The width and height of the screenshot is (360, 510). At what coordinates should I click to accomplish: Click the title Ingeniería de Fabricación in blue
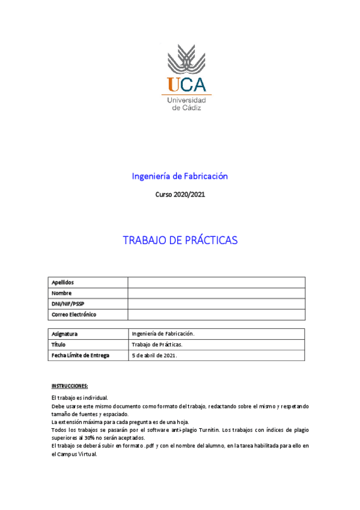[x=180, y=176]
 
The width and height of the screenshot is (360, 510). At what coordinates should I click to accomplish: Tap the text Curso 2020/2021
[x=180, y=195]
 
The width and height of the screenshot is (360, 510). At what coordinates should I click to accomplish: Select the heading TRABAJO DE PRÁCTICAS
[x=180, y=241]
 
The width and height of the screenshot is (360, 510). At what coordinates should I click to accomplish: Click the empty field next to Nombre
[x=216, y=293]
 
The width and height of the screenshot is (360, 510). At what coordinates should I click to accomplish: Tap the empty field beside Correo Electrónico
[x=216, y=315]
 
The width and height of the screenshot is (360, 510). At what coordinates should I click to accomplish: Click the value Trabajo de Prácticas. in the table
[x=157, y=345]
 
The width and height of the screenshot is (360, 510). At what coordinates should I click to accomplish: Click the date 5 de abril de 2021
[x=154, y=355]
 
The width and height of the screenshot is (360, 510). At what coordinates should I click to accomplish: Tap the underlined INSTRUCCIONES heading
[x=70, y=386]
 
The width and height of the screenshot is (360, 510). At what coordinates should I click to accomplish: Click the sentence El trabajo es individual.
[x=80, y=398]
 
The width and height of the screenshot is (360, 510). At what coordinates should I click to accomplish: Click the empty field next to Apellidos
[x=216, y=283]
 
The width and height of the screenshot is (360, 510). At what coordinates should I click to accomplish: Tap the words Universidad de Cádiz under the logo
[x=186, y=103]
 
